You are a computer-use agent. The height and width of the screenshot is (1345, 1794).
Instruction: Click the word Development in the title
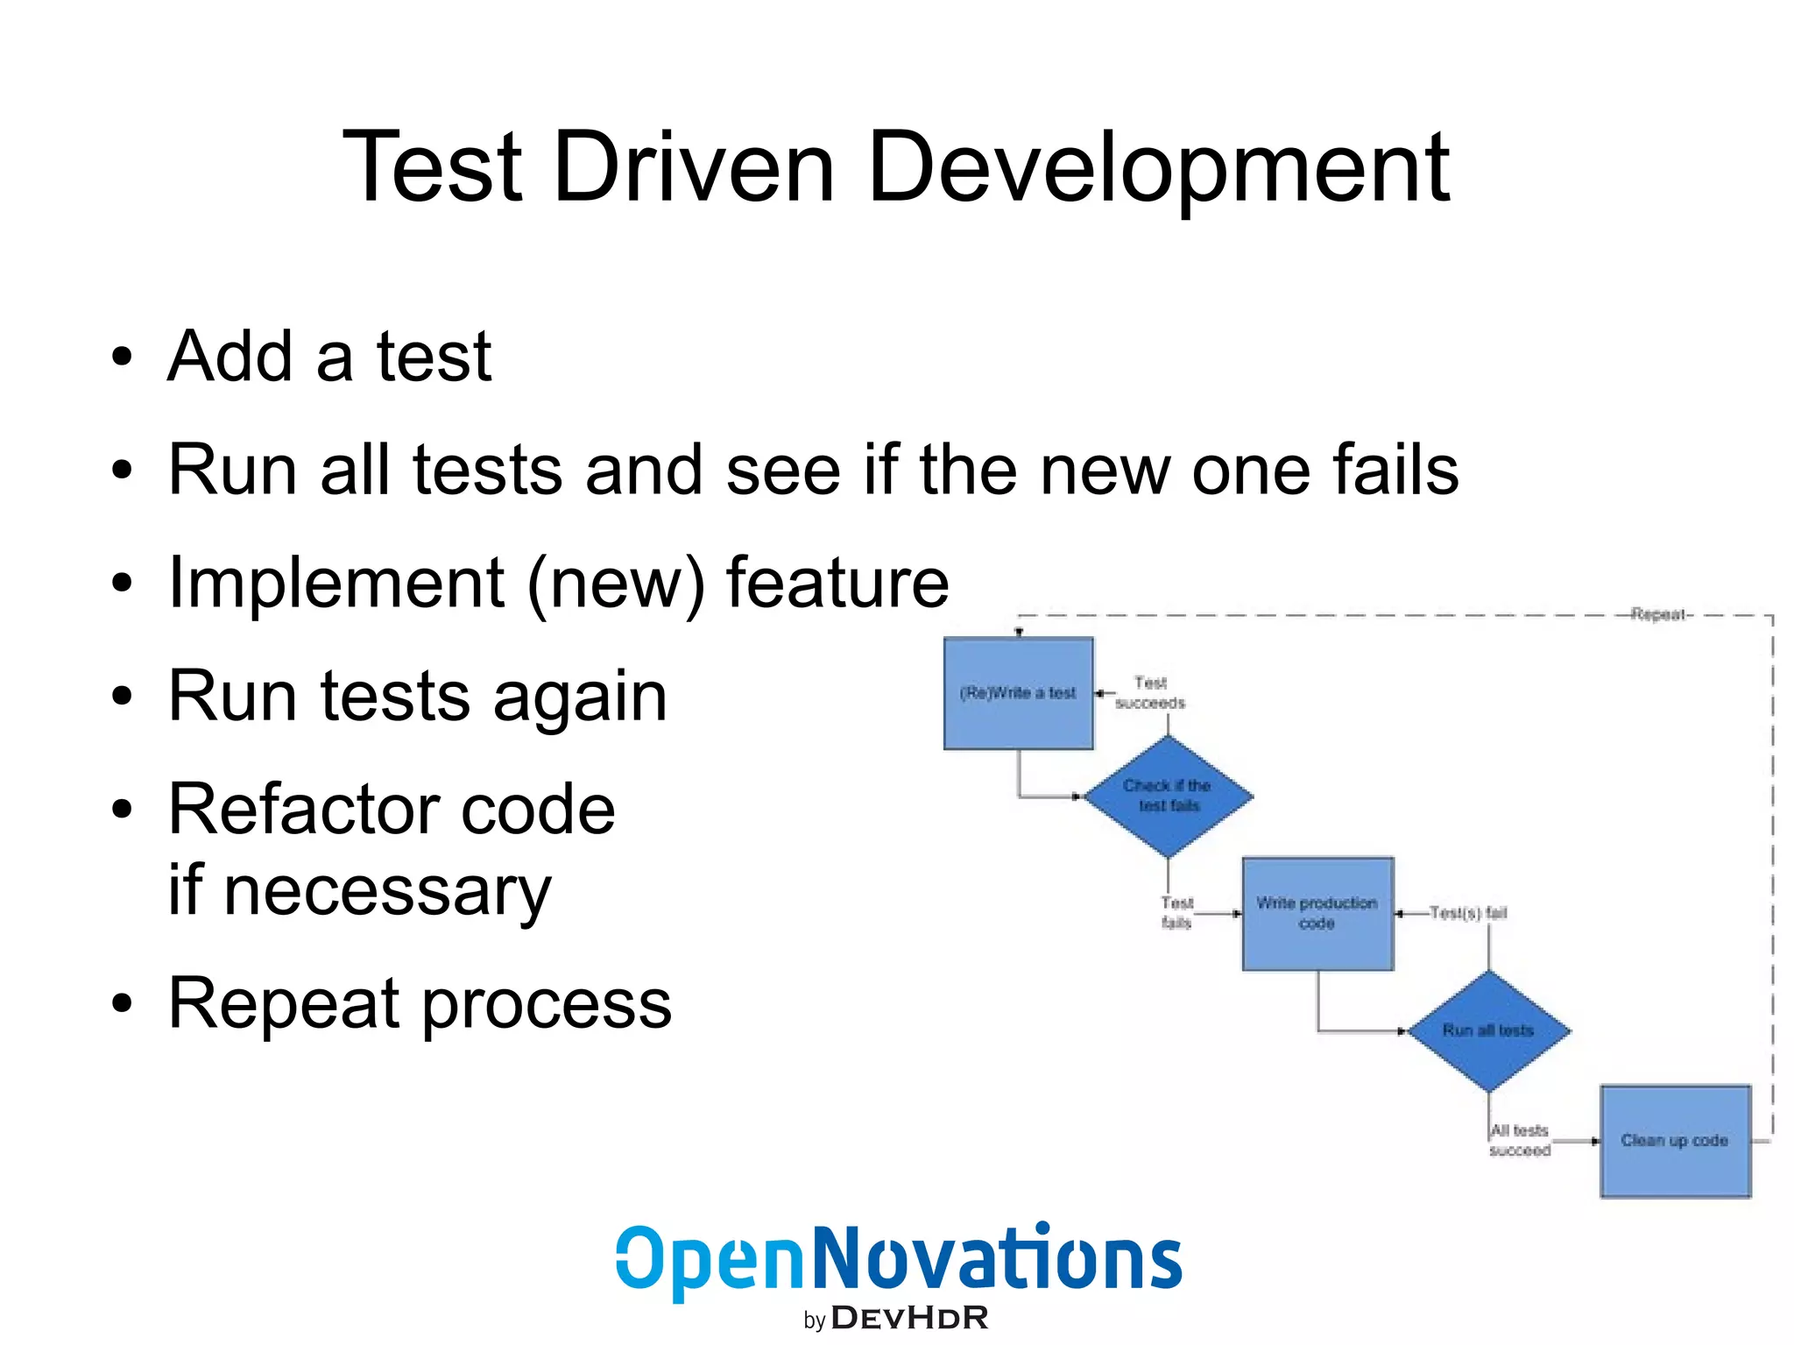click(x=1158, y=166)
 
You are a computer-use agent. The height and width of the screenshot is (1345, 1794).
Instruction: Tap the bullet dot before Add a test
click(x=122, y=357)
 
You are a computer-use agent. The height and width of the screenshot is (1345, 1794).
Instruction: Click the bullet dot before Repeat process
click(x=122, y=1004)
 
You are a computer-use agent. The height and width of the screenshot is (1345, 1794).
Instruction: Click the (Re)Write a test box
click(x=1018, y=693)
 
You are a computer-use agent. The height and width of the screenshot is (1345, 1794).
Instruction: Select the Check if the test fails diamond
click(x=1168, y=796)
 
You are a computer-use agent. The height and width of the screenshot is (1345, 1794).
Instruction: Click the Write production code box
click(x=1317, y=913)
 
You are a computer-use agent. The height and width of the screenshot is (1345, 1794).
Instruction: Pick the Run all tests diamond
click(x=1487, y=1030)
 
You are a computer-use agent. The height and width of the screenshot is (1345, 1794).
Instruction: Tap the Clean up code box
click(x=1674, y=1140)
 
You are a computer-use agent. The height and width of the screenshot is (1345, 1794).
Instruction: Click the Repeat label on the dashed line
click(x=1658, y=614)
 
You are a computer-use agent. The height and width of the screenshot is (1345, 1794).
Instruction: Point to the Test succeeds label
click(x=1150, y=692)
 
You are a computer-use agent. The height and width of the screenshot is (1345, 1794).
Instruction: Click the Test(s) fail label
click(x=1467, y=913)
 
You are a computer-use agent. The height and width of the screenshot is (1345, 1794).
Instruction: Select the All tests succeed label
click(x=1520, y=1140)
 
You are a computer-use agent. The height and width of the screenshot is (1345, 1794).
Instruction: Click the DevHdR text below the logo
click(x=909, y=1318)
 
